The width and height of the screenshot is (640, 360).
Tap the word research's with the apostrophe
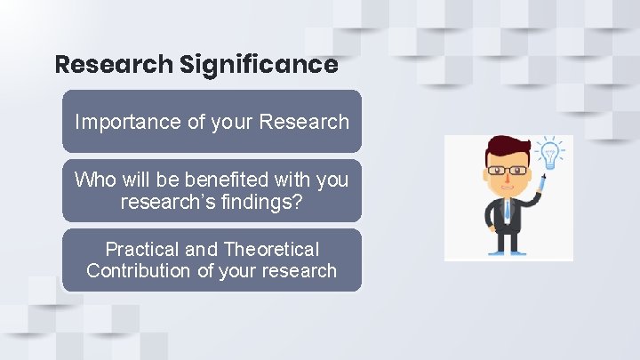[164, 202]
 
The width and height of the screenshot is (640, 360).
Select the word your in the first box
[233, 122]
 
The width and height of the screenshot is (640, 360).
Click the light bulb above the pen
[551, 154]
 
